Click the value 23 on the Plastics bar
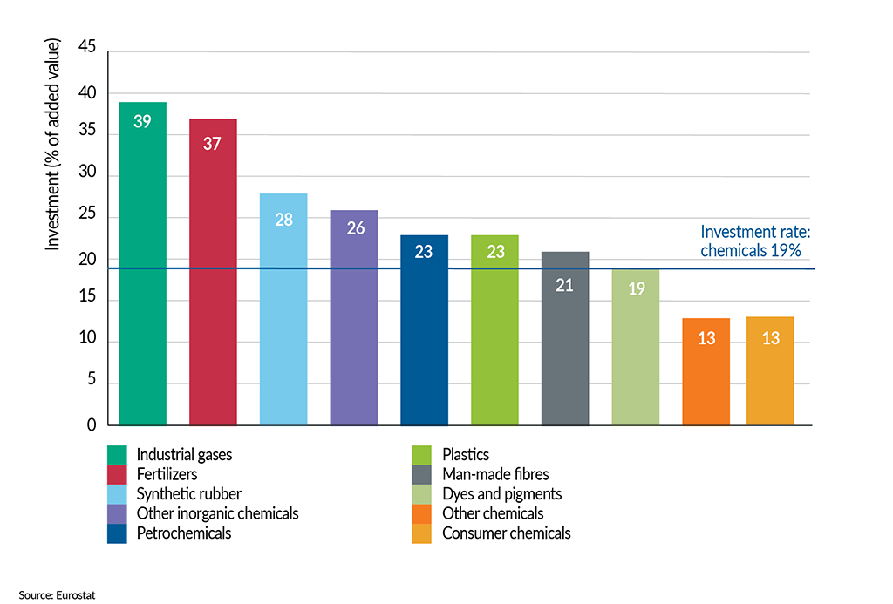pos(494,252)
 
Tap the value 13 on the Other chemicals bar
pos(706,338)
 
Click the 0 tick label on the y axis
pos(91,425)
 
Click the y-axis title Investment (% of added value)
pos(53,145)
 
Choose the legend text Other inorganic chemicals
pos(217,513)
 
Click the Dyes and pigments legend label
pos(501,494)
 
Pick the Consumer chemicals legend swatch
pos(422,533)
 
